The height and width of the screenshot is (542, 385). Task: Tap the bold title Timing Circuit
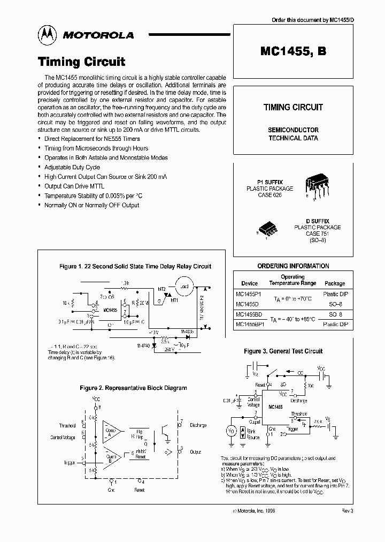pos(81,62)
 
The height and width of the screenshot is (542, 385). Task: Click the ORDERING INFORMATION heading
pos(293,266)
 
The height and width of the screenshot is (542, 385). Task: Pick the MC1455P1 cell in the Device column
pos(249,294)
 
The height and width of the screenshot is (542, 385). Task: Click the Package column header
pos(335,283)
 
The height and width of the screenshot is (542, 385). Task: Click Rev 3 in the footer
pos(348,511)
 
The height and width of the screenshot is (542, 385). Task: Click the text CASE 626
pos(269,195)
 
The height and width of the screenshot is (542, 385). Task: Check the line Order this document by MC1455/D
pos(312,20)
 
